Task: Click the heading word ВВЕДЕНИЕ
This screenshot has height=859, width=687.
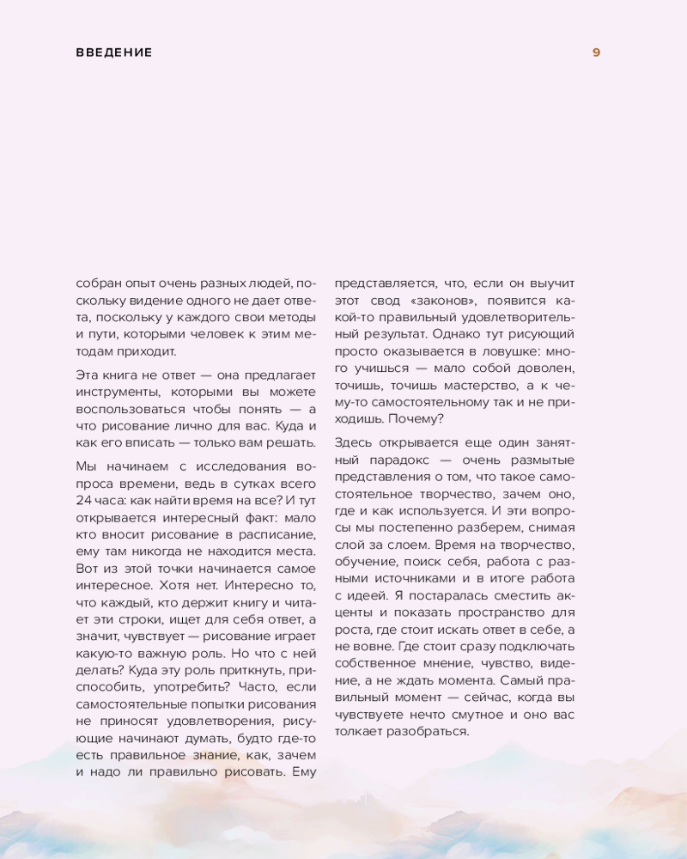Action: (x=113, y=52)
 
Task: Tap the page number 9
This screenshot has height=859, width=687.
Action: (x=597, y=52)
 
